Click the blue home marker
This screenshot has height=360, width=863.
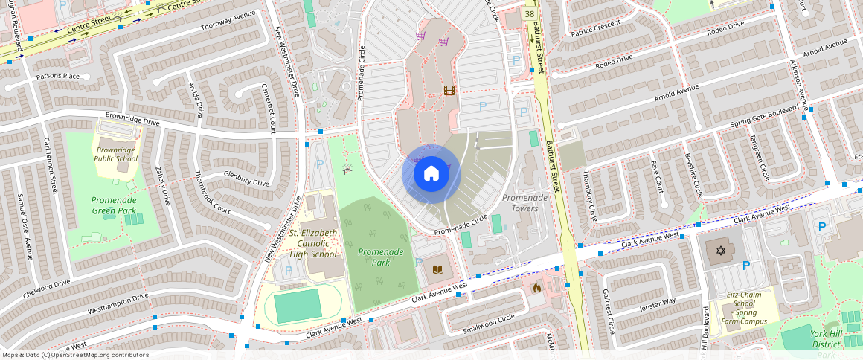click(x=431, y=174)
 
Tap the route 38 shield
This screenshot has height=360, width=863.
click(x=529, y=14)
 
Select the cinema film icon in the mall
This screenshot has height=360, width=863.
click(x=449, y=91)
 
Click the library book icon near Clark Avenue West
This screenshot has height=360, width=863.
click(x=438, y=269)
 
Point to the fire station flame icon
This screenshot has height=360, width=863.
click(x=536, y=287)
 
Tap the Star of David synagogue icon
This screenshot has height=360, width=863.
click(x=719, y=250)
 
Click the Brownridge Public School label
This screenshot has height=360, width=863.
click(x=116, y=154)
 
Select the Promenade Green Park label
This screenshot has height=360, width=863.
click(x=114, y=205)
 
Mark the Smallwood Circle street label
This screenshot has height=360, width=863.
click(x=488, y=323)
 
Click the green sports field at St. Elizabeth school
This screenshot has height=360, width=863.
click(x=297, y=305)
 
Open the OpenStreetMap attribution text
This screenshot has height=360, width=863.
click(x=74, y=355)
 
